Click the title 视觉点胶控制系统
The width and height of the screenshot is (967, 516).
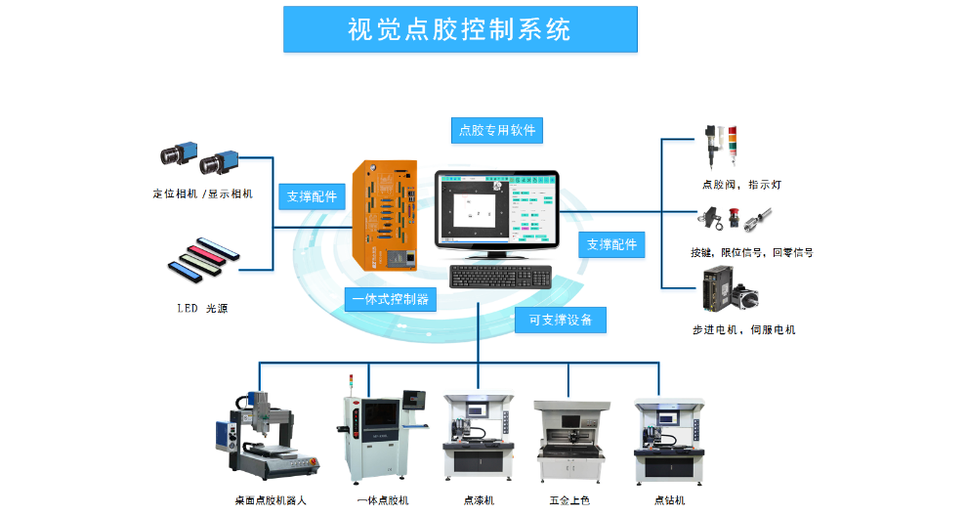coord(460,30)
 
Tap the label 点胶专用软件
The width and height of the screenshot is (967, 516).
coord(497,129)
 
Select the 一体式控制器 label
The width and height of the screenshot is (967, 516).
coord(390,299)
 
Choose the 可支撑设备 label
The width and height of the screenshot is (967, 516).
coord(561,320)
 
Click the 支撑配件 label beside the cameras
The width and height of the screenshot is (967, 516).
coord(312,195)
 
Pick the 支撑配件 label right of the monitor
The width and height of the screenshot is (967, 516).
coord(611,244)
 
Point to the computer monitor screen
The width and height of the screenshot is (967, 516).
coord(497,208)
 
